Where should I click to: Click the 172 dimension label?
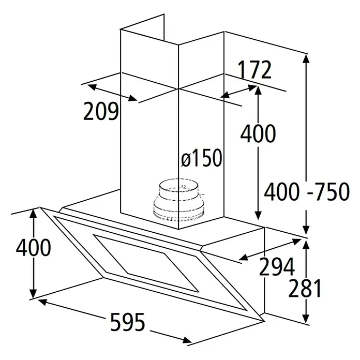pyautogui.click(x=254, y=70)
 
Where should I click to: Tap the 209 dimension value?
pyautogui.click(x=101, y=111)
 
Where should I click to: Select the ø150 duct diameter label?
pyautogui.click(x=202, y=158)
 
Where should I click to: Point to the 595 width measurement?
pyautogui.click(x=128, y=322)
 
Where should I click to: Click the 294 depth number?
pyautogui.click(x=277, y=266)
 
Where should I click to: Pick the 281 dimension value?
pyautogui.click(x=305, y=288)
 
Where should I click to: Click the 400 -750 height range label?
pyautogui.click(x=307, y=191)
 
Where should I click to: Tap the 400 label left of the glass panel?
pyautogui.click(x=34, y=247)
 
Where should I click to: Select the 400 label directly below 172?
pyautogui.click(x=258, y=133)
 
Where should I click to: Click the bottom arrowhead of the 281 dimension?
pyautogui.click(x=305, y=319)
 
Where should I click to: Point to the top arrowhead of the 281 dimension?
pyautogui.click(x=305, y=244)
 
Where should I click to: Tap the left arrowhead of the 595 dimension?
pyautogui.click(x=42, y=302)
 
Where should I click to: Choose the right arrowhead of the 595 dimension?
pyautogui.click(x=187, y=340)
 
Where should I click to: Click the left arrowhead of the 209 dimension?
pyautogui.click(x=92, y=87)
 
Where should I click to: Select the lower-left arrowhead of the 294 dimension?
pyautogui.click(x=244, y=257)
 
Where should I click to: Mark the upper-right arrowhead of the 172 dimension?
pyautogui.click(x=252, y=87)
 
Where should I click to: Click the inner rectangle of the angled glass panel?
pyautogui.click(x=145, y=263)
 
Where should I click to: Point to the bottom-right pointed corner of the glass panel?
pyautogui.click(x=263, y=321)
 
